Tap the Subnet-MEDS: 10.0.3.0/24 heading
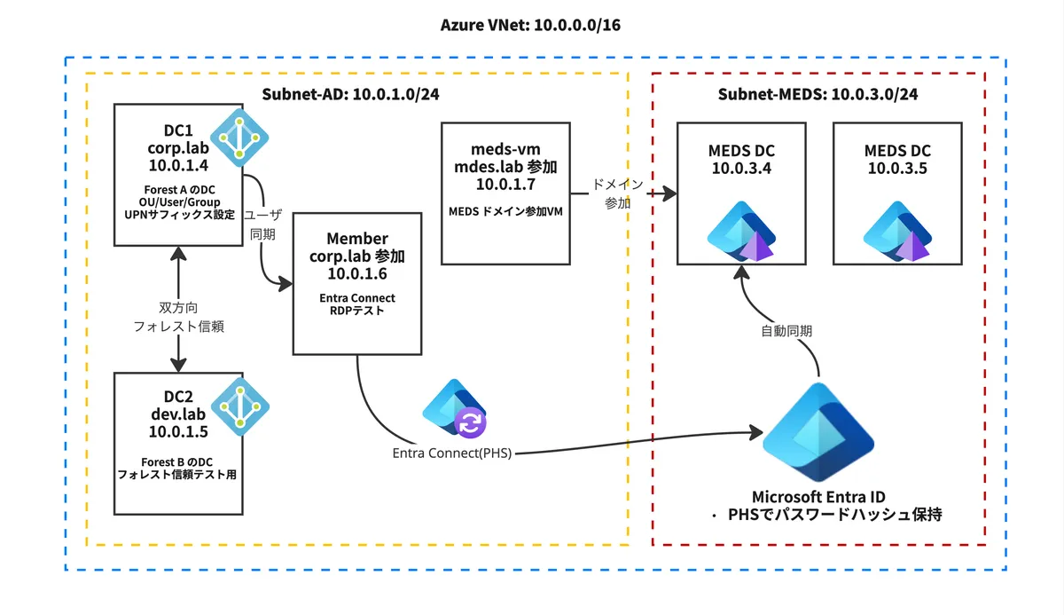tap(818, 95)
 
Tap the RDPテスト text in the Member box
tap(357, 311)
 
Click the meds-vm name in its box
tap(505, 148)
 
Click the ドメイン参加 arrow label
tap(617, 193)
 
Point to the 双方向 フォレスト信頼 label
tap(179, 317)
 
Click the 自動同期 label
tap(787, 331)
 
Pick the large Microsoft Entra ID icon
tap(818, 432)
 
